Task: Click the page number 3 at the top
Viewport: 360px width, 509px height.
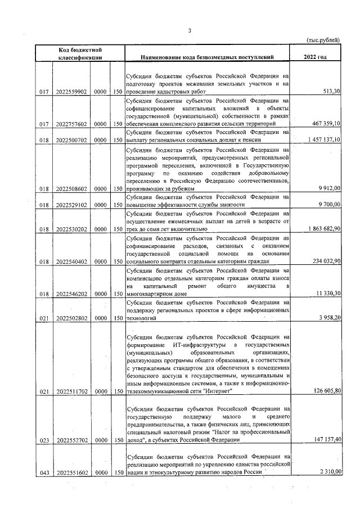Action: (x=190, y=30)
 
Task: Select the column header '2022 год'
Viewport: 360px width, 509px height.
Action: (x=314, y=57)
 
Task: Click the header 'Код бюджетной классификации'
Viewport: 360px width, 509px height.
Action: (x=79, y=53)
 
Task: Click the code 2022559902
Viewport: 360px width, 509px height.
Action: (x=71, y=92)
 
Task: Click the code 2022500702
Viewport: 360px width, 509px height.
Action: (x=71, y=141)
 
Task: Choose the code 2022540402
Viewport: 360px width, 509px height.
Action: (x=71, y=262)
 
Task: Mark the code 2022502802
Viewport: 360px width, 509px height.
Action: (x=71, y=318)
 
